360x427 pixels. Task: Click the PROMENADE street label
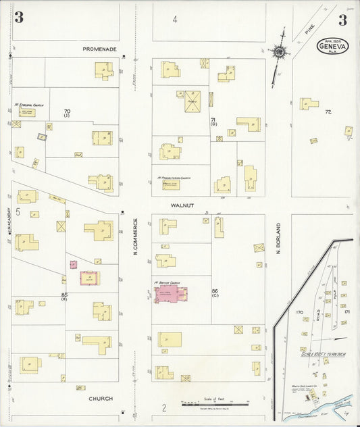point(100,49)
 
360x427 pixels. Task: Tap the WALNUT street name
point(182,204)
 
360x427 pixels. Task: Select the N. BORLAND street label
point(278,238)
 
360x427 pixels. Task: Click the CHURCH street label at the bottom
point(101,399)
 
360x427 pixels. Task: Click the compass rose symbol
point(278,51)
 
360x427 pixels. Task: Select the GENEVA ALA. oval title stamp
point(333,45)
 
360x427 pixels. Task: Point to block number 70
point(67,111)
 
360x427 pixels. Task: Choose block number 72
point(328,111)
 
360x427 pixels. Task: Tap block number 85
point(65,295)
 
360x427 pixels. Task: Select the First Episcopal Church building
point(30,111)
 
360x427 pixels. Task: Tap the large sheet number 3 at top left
point(18,18)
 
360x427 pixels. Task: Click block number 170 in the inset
point(300,312)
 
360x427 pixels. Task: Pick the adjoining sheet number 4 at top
point(174,20)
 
